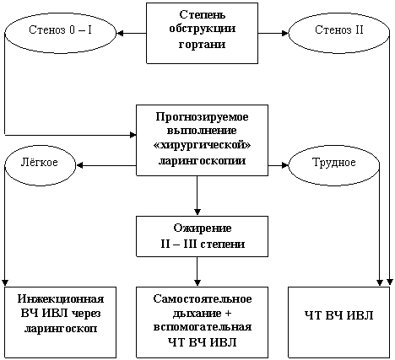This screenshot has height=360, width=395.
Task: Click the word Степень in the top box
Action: pyautogui.click(x=202, y=15)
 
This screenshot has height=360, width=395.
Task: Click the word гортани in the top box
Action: pyautogui.click(x=202, y=45)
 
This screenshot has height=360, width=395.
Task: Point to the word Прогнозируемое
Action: pyautogui.click(x=202, y=117)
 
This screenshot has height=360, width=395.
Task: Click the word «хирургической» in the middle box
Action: pyautogui.click(x=202, y=146)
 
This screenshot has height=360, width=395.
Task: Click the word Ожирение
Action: pyautogui.click(x=203, y=228)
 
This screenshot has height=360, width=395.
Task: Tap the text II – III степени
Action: pyautogui.click(x=203, y=244)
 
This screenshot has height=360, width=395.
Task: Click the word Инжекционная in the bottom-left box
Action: pyautogui.click(x=61, y=299)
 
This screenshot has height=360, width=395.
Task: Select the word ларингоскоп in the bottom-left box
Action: pyautogui.click(x=61, y=328)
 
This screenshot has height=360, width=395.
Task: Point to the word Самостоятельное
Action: pyautogui.click(x=203, y=298)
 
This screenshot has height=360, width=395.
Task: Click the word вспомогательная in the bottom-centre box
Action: pyautogui.click(x=203, y=327)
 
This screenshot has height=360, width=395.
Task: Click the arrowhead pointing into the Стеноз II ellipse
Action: pyautogui.click(x=285, y=33)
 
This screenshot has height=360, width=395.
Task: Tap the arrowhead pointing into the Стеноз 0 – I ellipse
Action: pyautogui.click(x=120, y=33)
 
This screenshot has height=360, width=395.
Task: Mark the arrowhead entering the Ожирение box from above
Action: pyautogui.click(x=197, y=212)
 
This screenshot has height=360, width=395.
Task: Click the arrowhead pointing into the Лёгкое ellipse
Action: pyautogui.click(x=79, y=165)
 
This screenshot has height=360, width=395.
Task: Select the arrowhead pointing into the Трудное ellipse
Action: pyautogui.click(x=285, y=165)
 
